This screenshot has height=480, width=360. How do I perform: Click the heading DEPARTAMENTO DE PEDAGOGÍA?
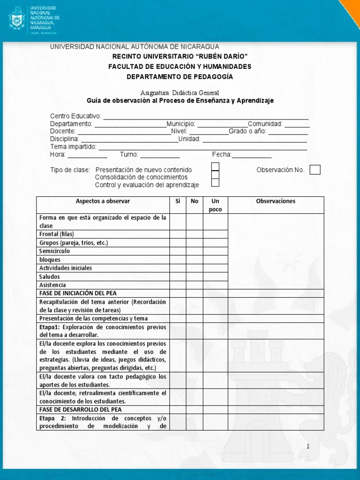180,76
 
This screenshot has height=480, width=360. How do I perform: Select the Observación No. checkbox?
315,170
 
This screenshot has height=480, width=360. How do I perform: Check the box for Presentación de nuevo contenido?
215,166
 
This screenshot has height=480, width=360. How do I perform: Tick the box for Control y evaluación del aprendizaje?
215,183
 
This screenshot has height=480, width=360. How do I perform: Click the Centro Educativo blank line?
205,116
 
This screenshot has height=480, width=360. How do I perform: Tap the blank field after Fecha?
252,155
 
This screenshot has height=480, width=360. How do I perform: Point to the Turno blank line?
160,155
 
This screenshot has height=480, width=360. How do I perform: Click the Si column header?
178,201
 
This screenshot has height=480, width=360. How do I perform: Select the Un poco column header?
216,205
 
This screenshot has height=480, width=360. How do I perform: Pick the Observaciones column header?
276,201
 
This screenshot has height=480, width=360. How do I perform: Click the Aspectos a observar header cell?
103,201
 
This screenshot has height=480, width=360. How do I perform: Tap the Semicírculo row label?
55,251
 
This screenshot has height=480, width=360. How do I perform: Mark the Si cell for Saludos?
178,277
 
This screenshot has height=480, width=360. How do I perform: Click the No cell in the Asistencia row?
195,285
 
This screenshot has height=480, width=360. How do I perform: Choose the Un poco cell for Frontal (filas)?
216,234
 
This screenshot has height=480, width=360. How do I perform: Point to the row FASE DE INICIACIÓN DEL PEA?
75,293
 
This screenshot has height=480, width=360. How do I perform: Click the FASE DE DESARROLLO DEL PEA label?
75,409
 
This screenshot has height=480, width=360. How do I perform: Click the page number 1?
308,447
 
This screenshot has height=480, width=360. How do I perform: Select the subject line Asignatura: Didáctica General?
180,93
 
